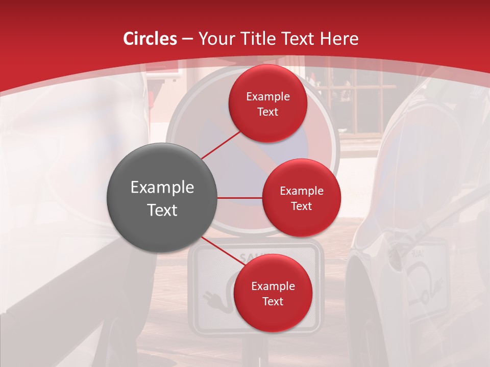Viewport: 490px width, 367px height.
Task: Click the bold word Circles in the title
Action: coord(150,39)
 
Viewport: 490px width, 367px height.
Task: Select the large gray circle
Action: coord(162,198)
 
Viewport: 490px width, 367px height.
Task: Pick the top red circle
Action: coord(267,104)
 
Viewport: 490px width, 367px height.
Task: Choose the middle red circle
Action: coord(301,198)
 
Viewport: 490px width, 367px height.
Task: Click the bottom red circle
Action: coord(273,293)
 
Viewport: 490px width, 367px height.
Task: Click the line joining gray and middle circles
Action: coord(240,198)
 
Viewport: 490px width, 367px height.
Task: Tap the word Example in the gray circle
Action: coord(162,188)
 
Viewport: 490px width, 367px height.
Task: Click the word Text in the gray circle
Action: coord(162,210)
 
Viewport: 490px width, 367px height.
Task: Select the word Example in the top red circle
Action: coord(267,96)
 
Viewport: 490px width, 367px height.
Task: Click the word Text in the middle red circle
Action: coord(301,206)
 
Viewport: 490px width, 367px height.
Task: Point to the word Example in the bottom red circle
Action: coord(273,286)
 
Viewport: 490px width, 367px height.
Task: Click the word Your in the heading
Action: coord(215,39)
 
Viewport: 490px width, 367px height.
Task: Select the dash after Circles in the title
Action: coord(187,39)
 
